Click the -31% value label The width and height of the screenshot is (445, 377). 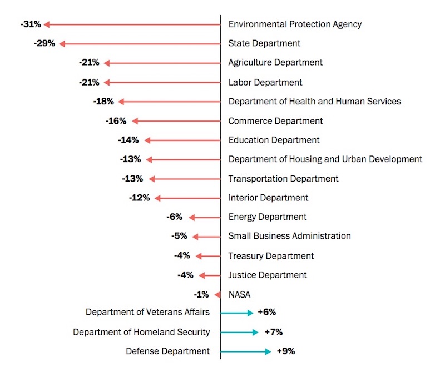tap(31, 24)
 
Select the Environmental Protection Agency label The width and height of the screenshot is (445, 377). tap(295, 24)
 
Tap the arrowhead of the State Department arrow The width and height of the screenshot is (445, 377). tap(62, 44)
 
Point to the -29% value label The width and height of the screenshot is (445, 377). tap(44, 43)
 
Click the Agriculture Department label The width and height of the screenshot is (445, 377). tap(275, 63)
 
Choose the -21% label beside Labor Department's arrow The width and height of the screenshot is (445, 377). tap(89, 82)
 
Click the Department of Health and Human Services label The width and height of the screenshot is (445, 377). tap(315, 102)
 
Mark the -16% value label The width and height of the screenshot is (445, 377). tap(116, 121)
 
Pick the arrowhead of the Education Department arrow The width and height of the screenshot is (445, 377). tap(147, 140)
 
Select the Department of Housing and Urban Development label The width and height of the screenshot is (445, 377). tap(325, 159)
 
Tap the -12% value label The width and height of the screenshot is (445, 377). tap(140, 198)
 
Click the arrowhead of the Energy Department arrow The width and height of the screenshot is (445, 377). tap(192, 218)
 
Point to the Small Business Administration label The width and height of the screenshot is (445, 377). tap(289, 236)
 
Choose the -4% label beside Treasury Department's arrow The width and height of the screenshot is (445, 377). tap(182, 255)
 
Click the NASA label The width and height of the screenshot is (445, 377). tap(239, 295)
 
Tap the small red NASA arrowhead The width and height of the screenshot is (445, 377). tap(217, 295)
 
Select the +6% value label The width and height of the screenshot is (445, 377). tap(267, 312)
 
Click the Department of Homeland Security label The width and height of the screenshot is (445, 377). tap(141, 332)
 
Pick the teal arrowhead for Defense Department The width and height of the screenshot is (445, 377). tap(268, 352)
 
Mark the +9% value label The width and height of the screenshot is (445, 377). tap(286, 351)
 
